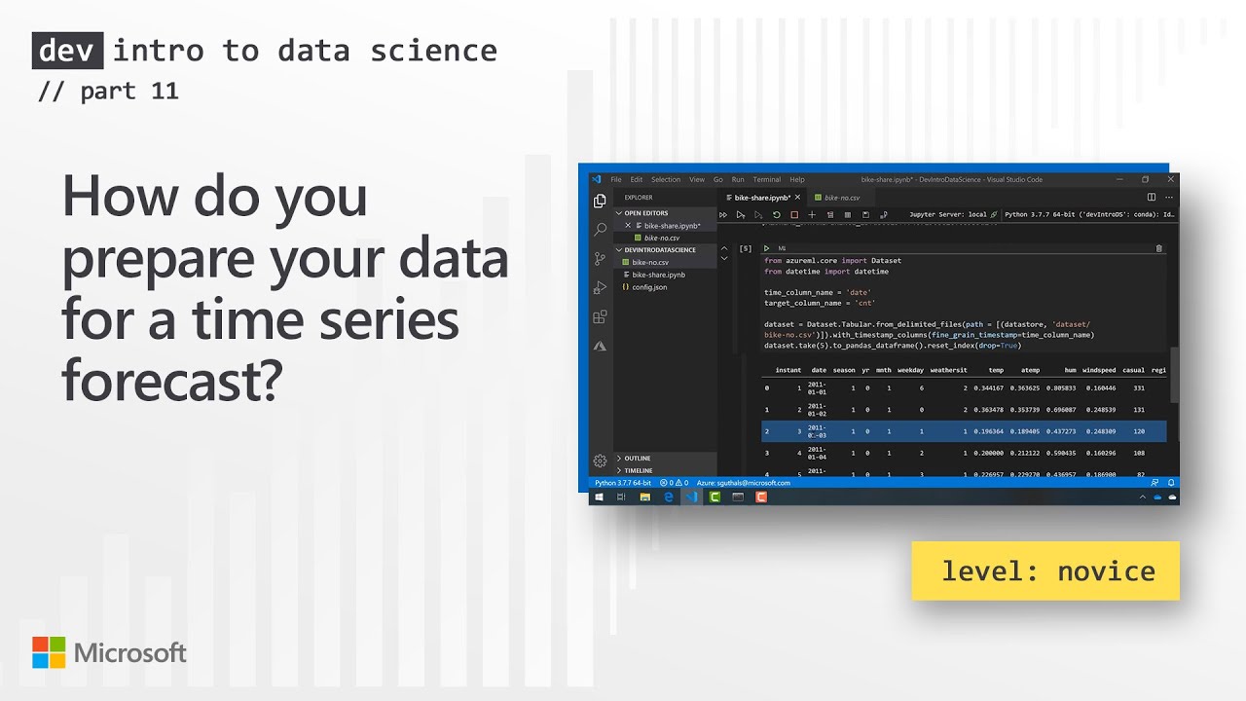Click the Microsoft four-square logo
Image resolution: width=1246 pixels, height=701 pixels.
48,652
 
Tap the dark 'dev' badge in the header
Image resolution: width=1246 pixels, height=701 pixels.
68,51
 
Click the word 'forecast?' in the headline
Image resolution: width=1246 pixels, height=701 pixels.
171,382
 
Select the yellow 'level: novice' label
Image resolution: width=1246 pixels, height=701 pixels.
1045,571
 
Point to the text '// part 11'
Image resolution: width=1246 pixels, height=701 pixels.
108,92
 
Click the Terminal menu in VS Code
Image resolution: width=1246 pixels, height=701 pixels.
766,179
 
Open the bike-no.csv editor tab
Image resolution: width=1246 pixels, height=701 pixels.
841,198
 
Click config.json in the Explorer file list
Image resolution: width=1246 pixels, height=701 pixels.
649,287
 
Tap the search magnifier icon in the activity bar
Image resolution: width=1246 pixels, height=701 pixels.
600,230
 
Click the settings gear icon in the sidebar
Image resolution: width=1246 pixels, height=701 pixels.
600,461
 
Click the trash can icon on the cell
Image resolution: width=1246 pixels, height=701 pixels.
1158,248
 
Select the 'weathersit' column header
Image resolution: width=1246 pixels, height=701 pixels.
948,370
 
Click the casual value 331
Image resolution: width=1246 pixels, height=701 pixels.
1138,388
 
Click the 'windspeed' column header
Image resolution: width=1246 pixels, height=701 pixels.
1099,370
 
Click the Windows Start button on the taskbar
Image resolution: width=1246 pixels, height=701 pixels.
599,497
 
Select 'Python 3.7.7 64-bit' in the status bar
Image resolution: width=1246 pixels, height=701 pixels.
623,483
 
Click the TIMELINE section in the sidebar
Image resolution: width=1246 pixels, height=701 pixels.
639,470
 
